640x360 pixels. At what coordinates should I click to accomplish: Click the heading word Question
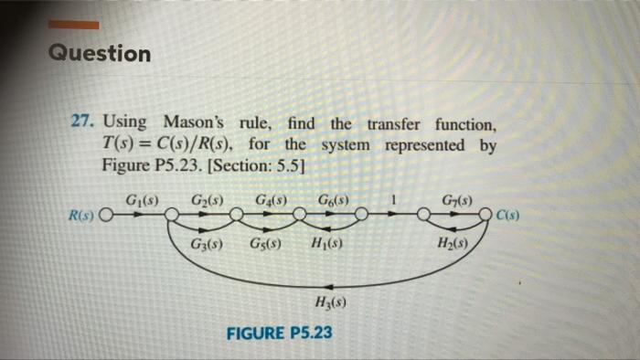[100, 54]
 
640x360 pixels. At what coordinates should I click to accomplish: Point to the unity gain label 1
[393, 199]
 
